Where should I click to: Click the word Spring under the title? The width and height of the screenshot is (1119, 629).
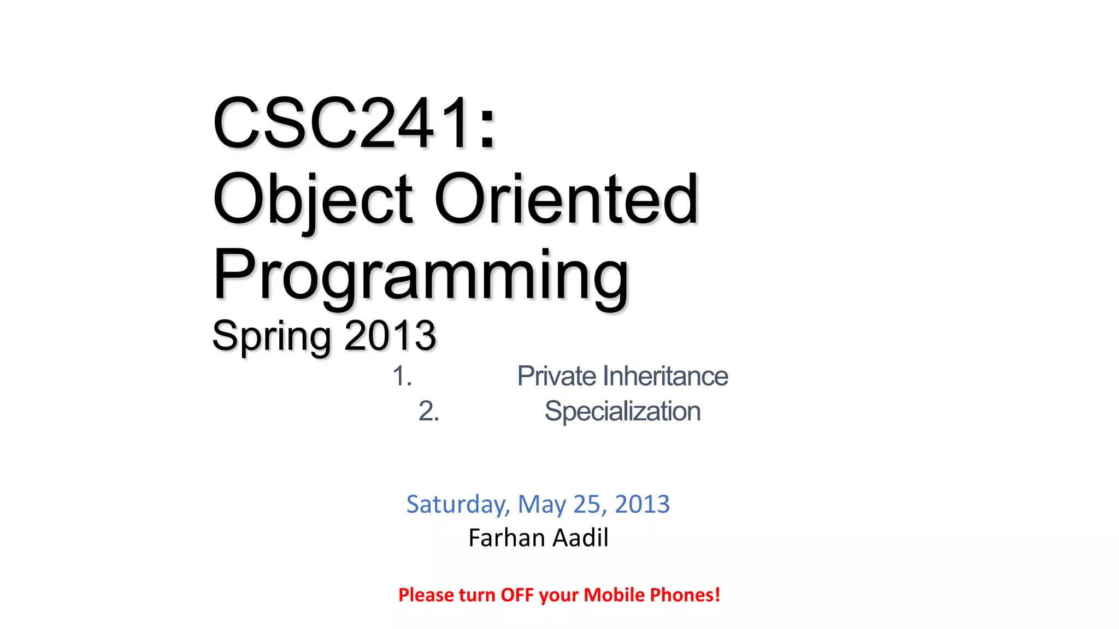tap(271, 336)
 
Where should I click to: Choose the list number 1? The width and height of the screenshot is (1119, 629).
tap(402, 376)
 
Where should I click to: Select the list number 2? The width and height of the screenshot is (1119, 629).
tap(428, 411)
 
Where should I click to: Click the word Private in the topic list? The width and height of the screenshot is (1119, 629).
tap(557, 376)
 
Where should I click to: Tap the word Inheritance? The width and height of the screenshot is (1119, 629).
tap(665, 376)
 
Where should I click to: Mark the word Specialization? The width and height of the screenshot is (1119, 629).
tap(622, 411)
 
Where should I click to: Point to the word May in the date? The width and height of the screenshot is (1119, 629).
tap(541, 504)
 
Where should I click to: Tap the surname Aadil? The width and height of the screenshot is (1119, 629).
tap(580, 538)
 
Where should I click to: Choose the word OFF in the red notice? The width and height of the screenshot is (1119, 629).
tap(517, 595)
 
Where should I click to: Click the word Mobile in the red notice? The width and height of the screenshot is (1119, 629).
tap(614, 595)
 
